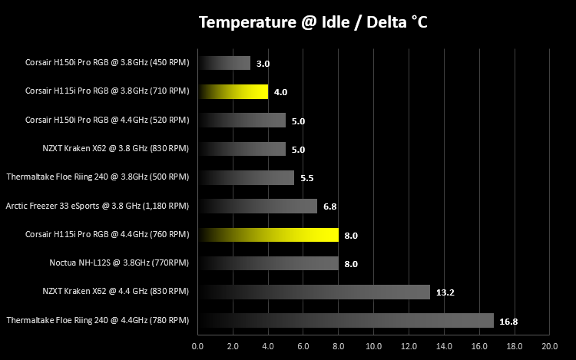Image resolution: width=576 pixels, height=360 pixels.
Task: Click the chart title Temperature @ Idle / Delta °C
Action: coord(313,22)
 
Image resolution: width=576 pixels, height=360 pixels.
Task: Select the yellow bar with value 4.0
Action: coord(233,92)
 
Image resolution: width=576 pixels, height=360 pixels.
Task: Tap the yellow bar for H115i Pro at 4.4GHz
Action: coord(269,235)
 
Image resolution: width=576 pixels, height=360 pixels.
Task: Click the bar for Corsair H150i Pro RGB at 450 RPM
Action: coord(224,63)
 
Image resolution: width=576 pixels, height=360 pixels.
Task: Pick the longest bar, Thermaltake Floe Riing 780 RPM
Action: coord(346,320)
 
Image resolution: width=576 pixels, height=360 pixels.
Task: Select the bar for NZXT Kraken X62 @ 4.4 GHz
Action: coord(314,292)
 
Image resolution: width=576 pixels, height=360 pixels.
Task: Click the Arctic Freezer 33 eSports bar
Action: coord(257,206)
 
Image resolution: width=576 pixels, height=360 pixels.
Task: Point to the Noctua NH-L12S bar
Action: coord(269,263)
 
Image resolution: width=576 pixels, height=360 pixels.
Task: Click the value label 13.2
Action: coord(445,292)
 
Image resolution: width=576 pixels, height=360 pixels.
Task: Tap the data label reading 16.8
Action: coord(508,322)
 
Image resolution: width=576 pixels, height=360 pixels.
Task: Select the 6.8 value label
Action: coord(330,206)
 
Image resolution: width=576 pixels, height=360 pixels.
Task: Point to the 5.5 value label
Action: coord(307,178)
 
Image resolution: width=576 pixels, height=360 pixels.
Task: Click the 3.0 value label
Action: coord(263,64)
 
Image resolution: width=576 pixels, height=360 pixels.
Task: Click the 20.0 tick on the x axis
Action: coord(550,346)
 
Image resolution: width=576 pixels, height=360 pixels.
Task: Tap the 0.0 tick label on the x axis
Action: coord(197,346)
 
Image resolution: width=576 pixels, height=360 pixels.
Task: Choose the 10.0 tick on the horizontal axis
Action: coord(373,346)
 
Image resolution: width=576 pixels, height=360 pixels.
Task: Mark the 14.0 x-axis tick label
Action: coord(444,346)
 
